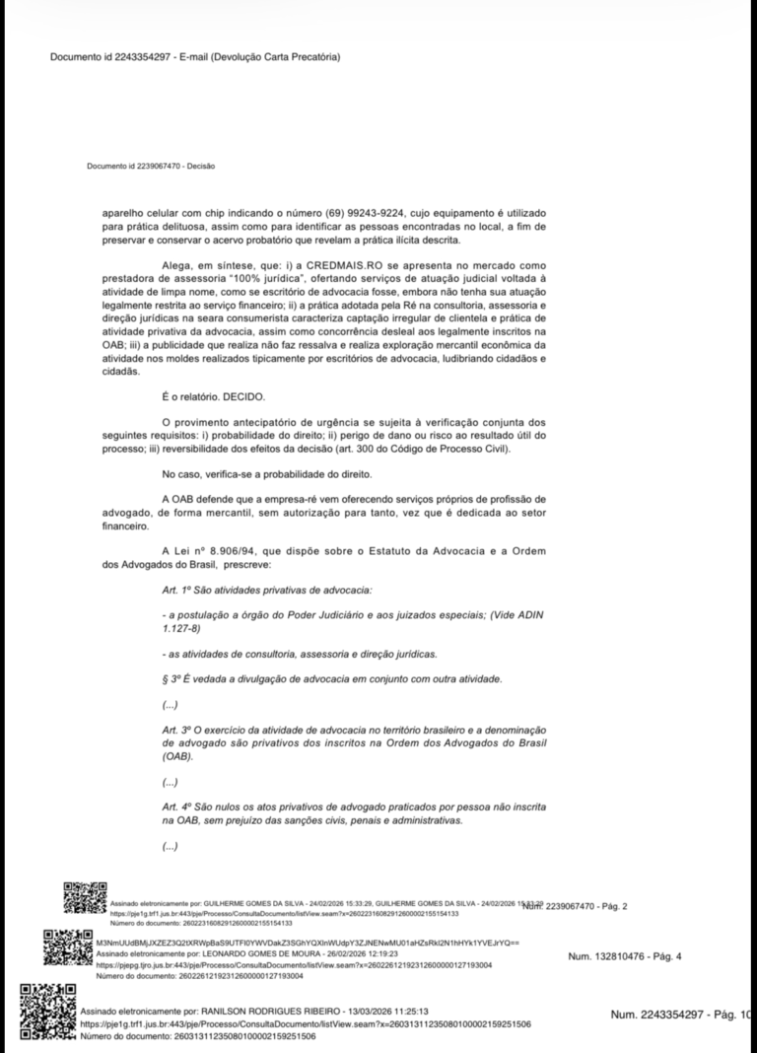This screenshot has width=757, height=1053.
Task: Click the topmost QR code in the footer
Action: tap(83, 899)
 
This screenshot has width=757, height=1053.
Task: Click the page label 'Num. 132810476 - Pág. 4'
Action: tap(625, 956)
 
